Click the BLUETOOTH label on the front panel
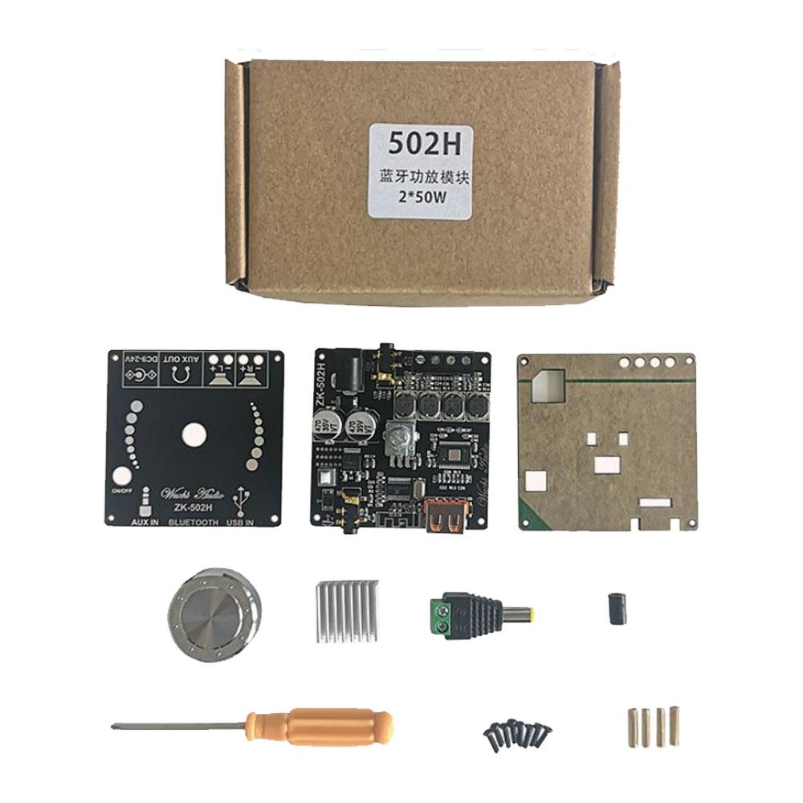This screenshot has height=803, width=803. (193, 522)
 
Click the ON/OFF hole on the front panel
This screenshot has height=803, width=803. (123, 477)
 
